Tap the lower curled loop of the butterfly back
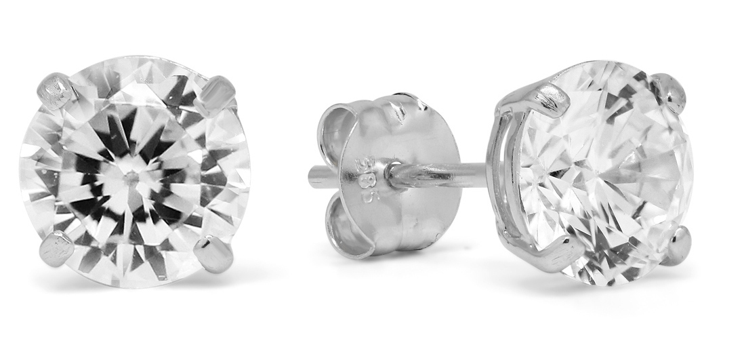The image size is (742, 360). coord(352,231)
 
